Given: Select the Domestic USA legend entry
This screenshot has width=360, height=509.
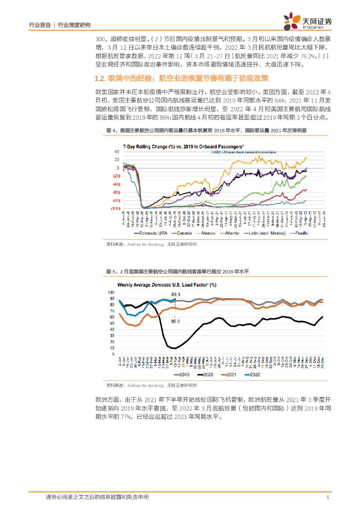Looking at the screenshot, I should pyautogui.click(x=152, y=232).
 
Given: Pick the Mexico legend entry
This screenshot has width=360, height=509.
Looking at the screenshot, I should pyautogui.click(x=209, y=232).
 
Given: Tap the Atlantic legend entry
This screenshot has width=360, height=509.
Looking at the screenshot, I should pyautogui.click(x=235, y=232).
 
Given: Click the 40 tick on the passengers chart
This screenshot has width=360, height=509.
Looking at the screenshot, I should pyautogui.click(x=117, y=152).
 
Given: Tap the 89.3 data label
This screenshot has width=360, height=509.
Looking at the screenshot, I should pyautogui.click(x=175, y=295).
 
